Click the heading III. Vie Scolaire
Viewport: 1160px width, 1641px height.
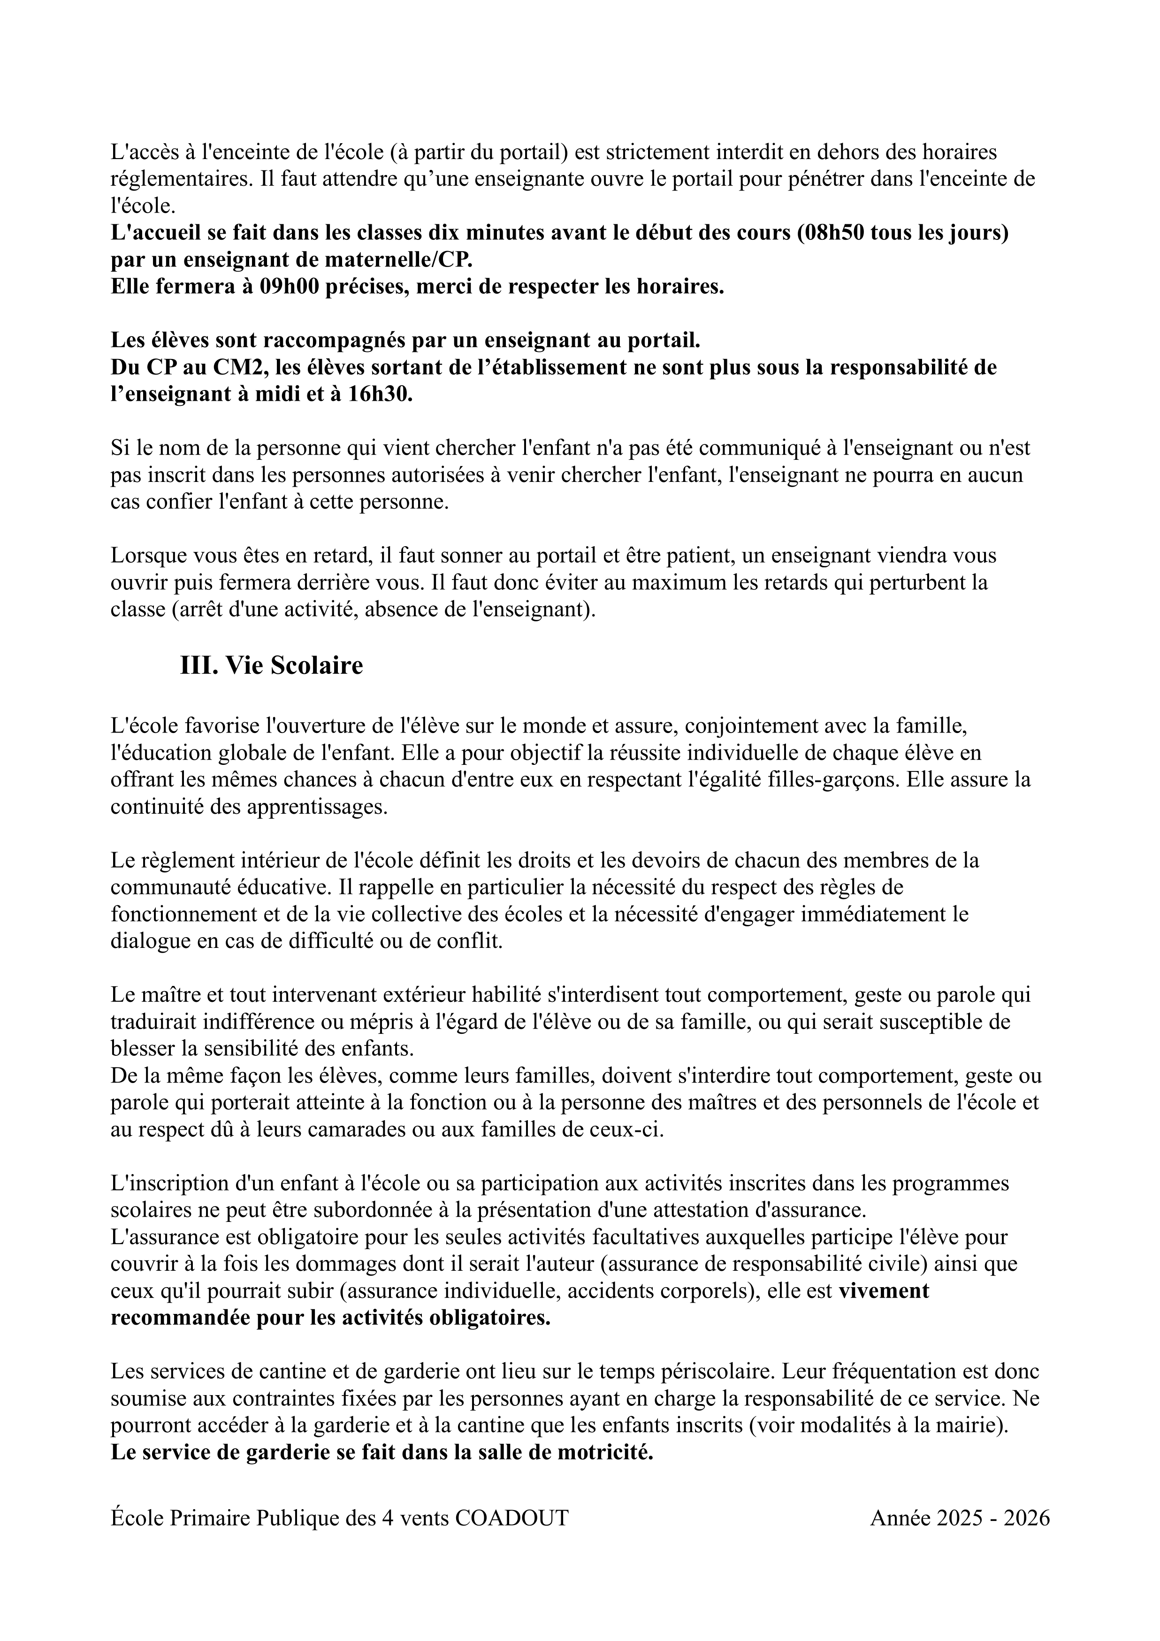click(272, 665)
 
